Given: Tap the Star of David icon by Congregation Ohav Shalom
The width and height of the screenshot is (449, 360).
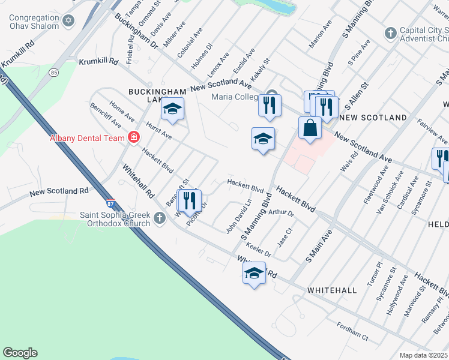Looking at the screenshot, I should coord(68,21).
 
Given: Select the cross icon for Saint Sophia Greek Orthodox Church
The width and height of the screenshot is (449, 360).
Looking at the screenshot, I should coord(160,218).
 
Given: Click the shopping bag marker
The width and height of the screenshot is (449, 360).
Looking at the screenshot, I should coord(310,128).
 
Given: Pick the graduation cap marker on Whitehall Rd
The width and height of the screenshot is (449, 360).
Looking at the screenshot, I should coord(254,274).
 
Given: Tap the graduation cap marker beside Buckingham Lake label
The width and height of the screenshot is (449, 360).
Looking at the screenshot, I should coord(172,109).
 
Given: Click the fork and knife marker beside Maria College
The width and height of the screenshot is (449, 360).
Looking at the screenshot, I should coord(270,106).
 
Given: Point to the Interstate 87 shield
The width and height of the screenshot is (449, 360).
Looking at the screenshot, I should coord(110,203).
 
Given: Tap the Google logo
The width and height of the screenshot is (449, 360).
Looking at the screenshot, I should coord(20,353).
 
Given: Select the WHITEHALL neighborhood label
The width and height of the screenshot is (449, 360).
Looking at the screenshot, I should coord(332,290).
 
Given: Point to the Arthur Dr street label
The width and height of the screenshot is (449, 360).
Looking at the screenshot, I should coord(281,213).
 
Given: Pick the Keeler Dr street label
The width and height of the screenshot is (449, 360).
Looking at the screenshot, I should coord(259,250).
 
